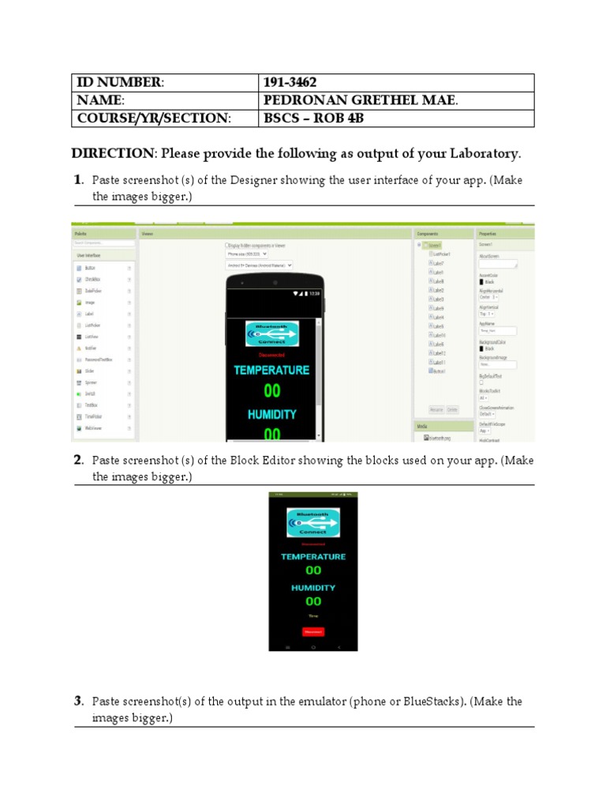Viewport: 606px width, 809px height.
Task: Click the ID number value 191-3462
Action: click(x=292, y=83)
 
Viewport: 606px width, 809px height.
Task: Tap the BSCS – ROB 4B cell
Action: click(x=313, y=119)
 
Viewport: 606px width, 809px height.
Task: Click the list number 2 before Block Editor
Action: click(x=78, y=460)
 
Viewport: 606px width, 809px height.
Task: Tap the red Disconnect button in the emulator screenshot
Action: click(x=313, y=631)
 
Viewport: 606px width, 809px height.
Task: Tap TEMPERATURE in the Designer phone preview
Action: click(x=271, y=370)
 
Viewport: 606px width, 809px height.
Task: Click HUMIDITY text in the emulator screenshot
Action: click(x=313, y=588)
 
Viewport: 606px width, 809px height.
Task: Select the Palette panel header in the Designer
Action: click(x=80, y=235)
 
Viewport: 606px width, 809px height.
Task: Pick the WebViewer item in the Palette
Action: click(x=95, y=427)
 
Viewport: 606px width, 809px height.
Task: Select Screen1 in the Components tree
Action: click(x=436, y=245)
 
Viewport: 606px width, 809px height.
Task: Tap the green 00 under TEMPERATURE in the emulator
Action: click(x=313, y=570)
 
